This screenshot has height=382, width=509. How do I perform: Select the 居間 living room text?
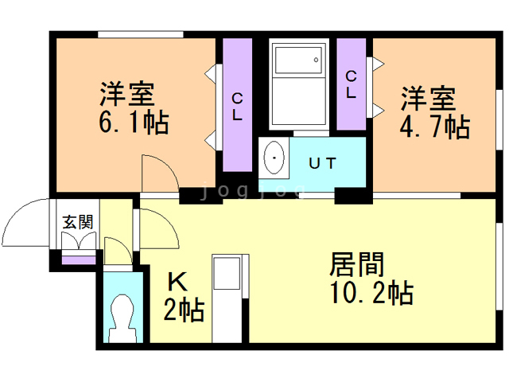(357, 263)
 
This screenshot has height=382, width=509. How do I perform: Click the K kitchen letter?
(177, 281)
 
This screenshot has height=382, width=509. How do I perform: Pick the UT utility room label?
(321, 163)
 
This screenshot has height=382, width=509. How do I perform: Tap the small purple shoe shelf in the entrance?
(78, 259)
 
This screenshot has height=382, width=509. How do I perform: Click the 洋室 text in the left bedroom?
(127, 95)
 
